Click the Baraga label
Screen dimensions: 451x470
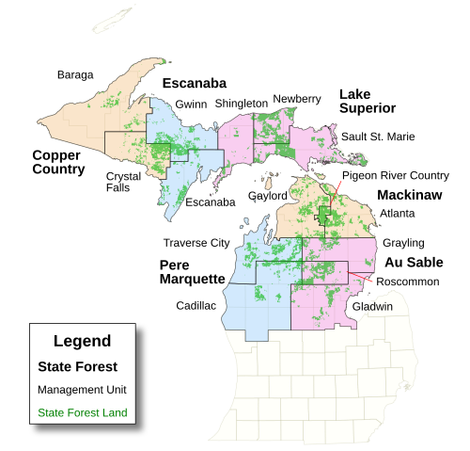(x=75, y=74)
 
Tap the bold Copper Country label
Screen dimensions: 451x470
(x=58, y=162)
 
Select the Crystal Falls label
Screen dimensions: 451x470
(x=124, y=181)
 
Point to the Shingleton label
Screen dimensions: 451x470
(x=241, y=104)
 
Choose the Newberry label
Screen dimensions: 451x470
(x=297, y=98)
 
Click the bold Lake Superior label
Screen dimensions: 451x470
(x=367, y=101)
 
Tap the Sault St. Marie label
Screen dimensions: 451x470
(x=378, y=137)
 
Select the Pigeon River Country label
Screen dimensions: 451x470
(x=395, y=175)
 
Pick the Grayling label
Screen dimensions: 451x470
(x=403, y=243)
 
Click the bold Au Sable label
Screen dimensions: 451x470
(x=414, y=262)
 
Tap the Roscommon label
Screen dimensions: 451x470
(x=407, y=281)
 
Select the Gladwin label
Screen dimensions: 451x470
(x=372, y=307)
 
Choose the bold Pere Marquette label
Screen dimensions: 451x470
(x=192, y=271)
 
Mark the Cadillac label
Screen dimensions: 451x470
(x=196, y=306)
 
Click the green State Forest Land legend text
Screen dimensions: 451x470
(x=82, y=412)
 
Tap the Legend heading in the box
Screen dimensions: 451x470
(x=82, y=341)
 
